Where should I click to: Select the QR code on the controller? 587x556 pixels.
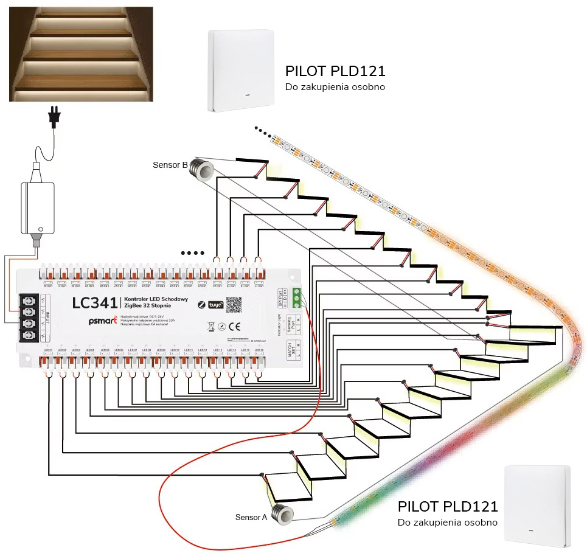234,304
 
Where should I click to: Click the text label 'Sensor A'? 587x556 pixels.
251,518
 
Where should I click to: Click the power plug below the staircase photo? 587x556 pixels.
55,117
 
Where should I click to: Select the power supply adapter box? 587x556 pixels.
37,207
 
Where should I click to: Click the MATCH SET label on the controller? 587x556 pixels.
291,351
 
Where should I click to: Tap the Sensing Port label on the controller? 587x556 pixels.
291,323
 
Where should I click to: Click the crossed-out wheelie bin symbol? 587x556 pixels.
211,325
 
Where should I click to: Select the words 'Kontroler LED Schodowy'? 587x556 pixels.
156,300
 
